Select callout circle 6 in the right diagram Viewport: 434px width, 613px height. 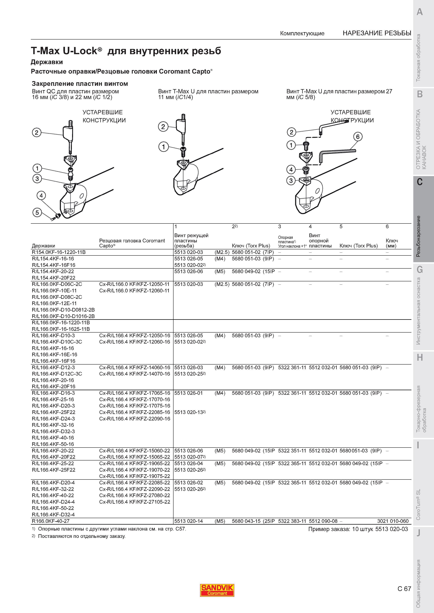tap(358, 137)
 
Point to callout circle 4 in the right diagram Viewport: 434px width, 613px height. tap(291, 169)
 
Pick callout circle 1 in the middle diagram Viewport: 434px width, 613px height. tap(163, 147)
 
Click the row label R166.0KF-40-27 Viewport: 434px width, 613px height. tap(51, 521)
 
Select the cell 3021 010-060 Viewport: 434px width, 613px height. tap(393, 521)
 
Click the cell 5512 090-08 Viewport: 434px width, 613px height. tap(323, 521)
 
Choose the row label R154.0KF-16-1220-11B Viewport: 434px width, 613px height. tap(59, 252)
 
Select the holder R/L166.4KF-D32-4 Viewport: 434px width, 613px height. tap(53, 514)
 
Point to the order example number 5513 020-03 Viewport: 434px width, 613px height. tap(391, 529)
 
